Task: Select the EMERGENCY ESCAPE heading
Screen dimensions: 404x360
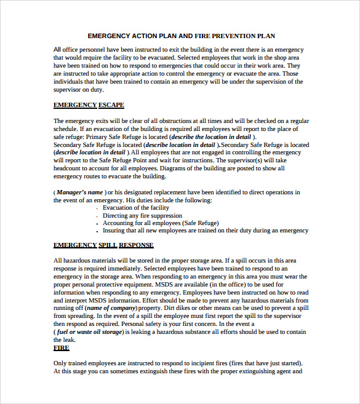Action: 89,105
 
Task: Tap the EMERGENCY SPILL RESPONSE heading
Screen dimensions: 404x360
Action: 103,245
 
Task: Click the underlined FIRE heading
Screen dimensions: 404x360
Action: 62,348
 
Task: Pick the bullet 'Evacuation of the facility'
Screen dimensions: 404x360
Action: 136,208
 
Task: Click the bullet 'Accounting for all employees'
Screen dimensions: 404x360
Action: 160,223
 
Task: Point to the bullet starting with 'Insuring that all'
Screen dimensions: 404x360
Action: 205,231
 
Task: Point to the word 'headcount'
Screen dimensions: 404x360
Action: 68,168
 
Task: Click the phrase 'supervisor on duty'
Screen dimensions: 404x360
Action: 78,89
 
